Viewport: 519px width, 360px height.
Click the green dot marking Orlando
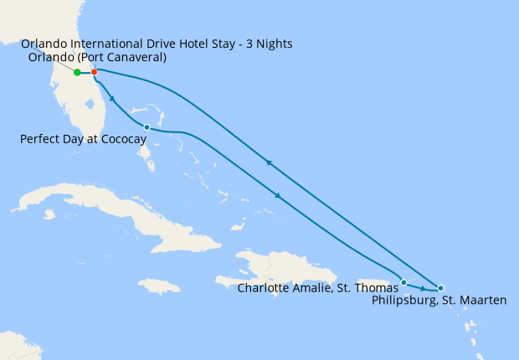[77, 72]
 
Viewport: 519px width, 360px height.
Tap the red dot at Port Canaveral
[94, 72]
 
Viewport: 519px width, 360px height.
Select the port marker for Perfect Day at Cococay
[146, 127]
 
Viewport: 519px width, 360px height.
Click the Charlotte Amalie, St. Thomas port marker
[403, 282]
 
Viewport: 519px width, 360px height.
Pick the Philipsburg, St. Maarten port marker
[441, 289]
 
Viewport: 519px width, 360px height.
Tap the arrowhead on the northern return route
[268, 163]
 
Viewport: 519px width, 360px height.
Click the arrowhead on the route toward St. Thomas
[277, 196]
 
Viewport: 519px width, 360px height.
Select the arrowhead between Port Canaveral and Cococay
[113, 98]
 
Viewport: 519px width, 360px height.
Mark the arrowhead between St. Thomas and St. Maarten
[422, 289]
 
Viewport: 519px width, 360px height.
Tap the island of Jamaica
[159, 285]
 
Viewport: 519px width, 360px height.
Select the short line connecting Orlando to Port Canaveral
[85, 72]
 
